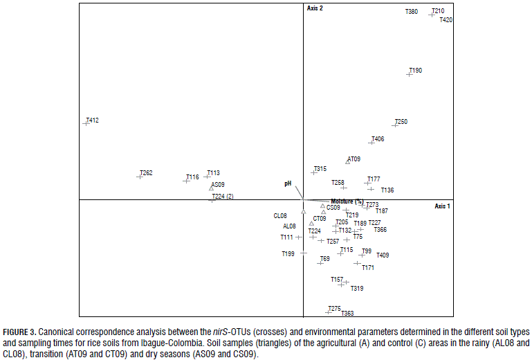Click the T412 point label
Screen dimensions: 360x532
click(93, 120)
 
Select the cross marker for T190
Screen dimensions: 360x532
click(409, 73)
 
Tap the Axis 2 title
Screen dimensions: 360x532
click(315, 8)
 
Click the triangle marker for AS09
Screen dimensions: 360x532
click(211, 188)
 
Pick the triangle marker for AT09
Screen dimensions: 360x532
click(348, 162)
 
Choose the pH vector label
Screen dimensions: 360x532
click(288, 183)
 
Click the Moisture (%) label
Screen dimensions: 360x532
click(347, 201)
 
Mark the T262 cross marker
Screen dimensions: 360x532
click(139, 176)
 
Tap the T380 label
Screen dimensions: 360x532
click(412, 12)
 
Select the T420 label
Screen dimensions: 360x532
click(446, 20)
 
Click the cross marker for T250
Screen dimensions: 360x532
click(394, 125)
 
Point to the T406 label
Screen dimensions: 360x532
click(378, 139)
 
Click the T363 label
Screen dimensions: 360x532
click(347, 314)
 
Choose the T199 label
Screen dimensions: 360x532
click(288, 254)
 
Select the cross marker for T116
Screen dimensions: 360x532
click(186, 180)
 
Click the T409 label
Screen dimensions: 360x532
click(383, 255)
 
